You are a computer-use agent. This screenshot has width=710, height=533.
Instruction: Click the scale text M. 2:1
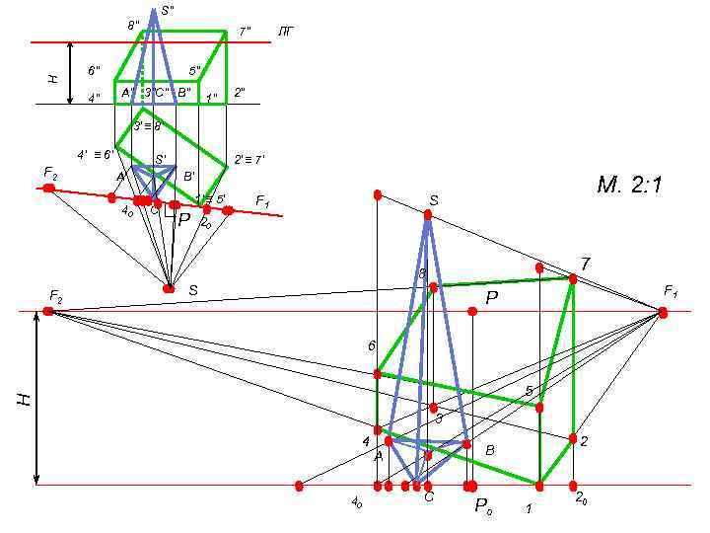(x=629, y=186)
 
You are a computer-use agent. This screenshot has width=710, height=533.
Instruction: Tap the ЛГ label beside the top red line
(x=286, y=32)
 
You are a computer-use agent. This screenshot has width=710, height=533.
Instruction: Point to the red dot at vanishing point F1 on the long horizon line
(x=663, y=312)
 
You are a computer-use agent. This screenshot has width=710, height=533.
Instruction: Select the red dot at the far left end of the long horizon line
(x=48, y=312)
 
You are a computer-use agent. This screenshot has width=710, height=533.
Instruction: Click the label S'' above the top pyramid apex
(x=169, y=10)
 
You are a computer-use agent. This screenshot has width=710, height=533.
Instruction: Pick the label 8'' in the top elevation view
(x=133, y=25)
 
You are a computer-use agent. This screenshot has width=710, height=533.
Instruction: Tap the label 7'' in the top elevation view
(x=245, y=32)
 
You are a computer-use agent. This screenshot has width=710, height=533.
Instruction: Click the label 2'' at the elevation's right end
(x=239, y=94)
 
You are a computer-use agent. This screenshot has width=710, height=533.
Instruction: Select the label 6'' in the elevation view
(x=94, y=71)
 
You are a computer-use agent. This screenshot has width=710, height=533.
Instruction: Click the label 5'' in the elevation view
(x=195, y=71)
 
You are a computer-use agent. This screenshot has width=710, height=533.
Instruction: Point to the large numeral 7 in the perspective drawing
(x=585, y=264)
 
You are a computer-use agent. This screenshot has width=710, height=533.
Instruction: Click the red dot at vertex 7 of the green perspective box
(x=573, y=279)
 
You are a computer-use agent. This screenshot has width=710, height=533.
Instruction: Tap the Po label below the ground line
(x=482, y=506)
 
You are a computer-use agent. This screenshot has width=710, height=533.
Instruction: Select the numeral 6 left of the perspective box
(x=372, y=346)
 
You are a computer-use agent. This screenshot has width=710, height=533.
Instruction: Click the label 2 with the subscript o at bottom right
(x=582, y=499)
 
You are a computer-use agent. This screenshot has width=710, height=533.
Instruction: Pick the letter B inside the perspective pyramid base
(x=490, y=450)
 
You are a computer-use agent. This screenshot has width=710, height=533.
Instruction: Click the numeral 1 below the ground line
(x=529, y=509)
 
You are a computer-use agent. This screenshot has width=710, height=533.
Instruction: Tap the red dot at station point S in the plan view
(x=169, y=288)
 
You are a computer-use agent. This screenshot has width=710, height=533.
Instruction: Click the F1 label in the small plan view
(x=262, y=201)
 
